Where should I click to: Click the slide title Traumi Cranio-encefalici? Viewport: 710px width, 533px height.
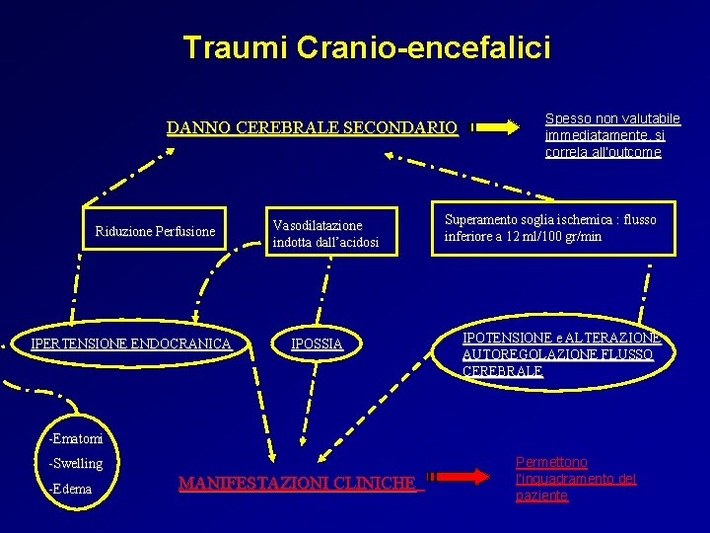pyautogui.click(x=367, y=47)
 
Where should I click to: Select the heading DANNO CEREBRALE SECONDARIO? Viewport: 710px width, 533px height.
pyautogui.click(x=312, y=127)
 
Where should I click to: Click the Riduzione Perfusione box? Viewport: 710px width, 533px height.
pyautogui.click(x=155, y=232)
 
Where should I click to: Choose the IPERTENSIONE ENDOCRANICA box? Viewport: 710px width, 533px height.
pyautogui.click(x=131, y=343)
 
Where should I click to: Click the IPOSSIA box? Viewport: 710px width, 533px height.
pyautogui.click(x=317, y=343)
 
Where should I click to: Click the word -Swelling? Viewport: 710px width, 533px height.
pyautogui.click(x=76, y=463)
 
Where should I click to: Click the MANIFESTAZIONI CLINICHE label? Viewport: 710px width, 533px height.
pyautogui.click(x=297, y=483)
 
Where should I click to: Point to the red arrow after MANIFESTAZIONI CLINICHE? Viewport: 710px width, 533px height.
pyautogui.click(x=462, y=476)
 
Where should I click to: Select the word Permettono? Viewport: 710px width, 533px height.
pyautogui.click(x=551, y=462)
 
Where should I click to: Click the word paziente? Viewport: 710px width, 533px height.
pyautogui.click(x=541, y=495)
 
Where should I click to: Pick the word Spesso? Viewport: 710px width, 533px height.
pyautogui.click(x=566, y=118)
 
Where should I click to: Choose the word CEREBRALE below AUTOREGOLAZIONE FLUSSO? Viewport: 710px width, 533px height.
pyautogui.click(x=502, y=370)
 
